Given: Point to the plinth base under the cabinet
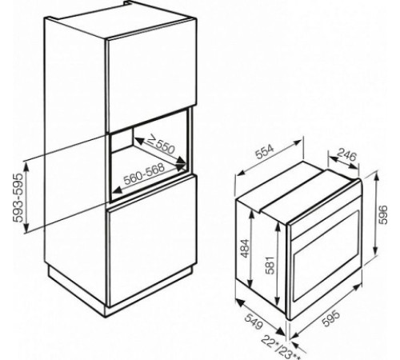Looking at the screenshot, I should click(x=120, y=292).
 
